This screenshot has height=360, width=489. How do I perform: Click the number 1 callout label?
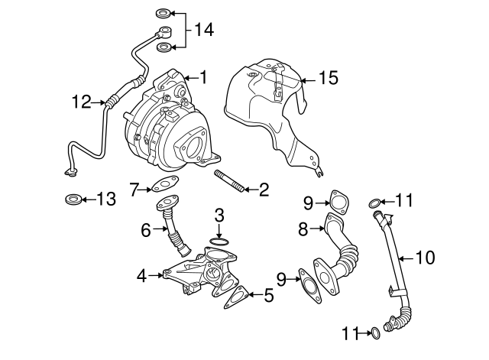coord(203,77)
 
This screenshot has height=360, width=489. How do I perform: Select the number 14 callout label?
coord(203,31)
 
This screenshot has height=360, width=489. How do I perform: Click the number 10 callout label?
coord(425,258)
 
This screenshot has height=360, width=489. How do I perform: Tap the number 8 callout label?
coord(303,227)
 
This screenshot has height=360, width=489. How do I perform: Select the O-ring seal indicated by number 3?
coord(219,242)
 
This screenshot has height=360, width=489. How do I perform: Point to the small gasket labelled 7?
coord(161,185)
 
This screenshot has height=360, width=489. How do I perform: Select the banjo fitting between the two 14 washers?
coord(164,32)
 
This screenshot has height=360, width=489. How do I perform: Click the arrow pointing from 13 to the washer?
coord(89,200)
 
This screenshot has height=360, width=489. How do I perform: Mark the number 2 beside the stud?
coord(263,190)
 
